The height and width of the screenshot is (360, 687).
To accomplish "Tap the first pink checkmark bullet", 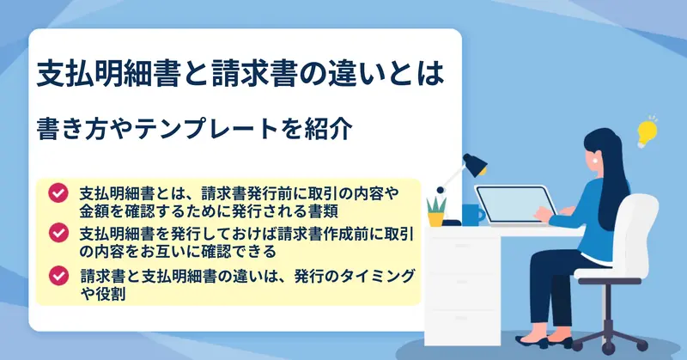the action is tap(58, 193).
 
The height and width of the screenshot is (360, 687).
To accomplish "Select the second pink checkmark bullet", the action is tap(58, 233).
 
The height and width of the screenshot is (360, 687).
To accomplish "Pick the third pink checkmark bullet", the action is tap(58, 276).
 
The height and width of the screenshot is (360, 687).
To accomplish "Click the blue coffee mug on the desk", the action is tap(473, 215).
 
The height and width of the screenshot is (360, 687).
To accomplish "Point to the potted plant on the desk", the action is tap(436, 211).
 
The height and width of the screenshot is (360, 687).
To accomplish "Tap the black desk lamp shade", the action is tap(475, 164).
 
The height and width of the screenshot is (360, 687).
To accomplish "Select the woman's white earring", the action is tap(595, 160).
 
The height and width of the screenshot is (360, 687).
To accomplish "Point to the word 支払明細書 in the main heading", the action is tap(109, 73).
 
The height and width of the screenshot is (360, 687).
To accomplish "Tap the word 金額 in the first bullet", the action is tap(94, 211).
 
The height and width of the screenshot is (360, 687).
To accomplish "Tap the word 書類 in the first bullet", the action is tap(323, 211).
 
